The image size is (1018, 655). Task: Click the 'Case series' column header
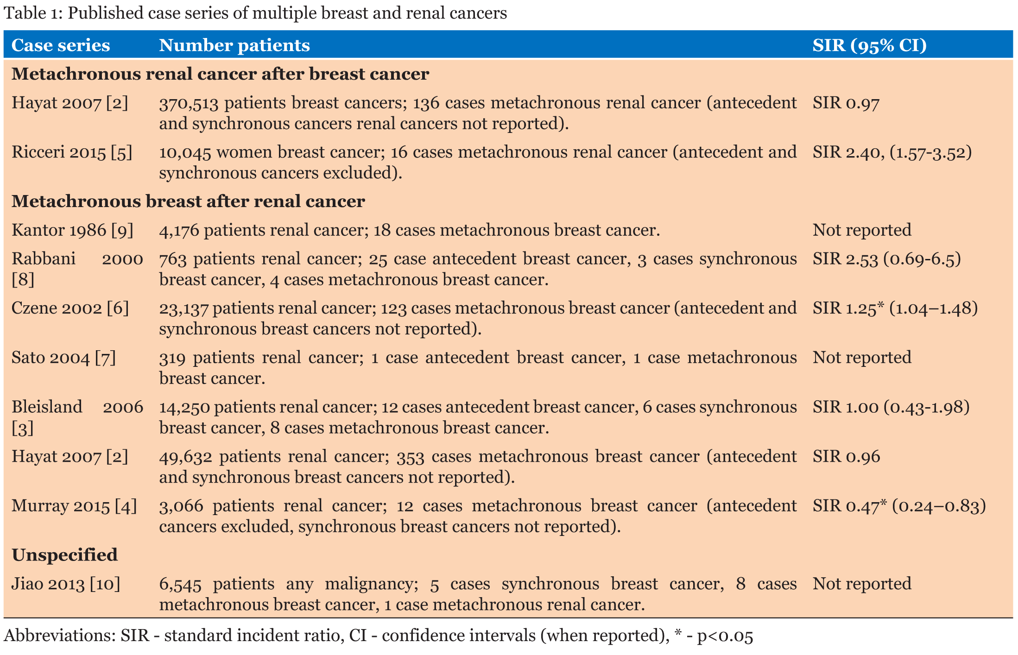coord(61,45)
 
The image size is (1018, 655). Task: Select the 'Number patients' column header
coord(234,45)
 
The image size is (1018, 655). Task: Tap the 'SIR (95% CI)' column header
coord(869,45)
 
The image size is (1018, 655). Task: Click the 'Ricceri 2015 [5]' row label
coord(72,152)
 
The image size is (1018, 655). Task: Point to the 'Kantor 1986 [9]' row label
coord(72,230)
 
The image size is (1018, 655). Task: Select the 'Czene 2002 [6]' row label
coord(70,308)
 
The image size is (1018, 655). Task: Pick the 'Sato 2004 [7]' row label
coord(63,358)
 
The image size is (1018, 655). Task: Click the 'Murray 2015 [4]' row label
coord(74,506)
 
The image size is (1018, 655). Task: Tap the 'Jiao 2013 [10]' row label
coord(66,584)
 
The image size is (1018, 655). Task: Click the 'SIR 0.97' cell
coord(846,103)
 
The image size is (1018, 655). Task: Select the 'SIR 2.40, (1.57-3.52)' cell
coord(892,152)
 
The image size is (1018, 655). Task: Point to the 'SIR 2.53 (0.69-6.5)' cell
coord(886,259)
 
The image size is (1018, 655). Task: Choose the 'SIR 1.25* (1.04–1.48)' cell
coord(895,308)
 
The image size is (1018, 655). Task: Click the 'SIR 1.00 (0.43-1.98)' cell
coord(891,407)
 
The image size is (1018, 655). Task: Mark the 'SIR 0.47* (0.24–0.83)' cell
coord(899,506)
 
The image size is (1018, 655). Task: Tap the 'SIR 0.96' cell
coord(846,457)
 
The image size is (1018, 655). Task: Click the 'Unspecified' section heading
coord(64,555)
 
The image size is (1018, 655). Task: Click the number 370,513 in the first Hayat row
coord(189,103)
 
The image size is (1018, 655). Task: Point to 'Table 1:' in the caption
coord(32,13)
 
